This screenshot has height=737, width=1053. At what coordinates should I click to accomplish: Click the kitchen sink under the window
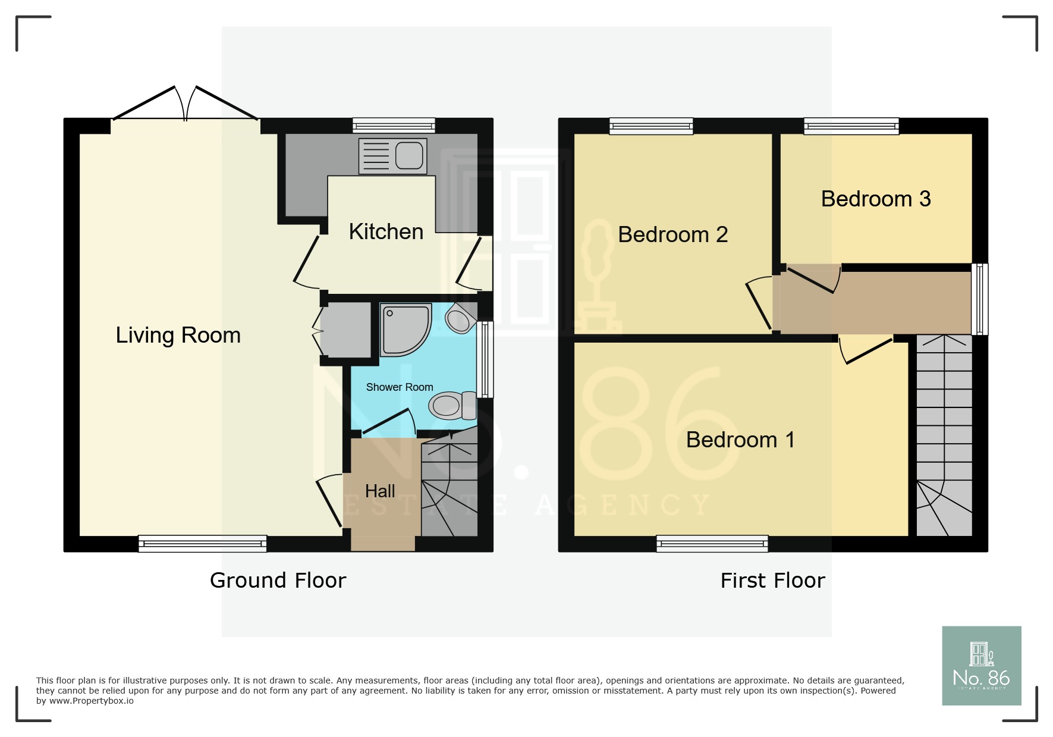393,156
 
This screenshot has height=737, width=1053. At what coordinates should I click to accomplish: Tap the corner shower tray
404,329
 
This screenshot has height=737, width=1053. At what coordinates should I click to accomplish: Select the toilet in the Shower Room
452,406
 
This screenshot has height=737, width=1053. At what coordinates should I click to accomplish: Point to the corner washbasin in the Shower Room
460,319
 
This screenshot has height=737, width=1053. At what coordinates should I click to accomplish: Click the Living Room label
178,335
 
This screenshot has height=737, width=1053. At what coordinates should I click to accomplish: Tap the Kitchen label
386,232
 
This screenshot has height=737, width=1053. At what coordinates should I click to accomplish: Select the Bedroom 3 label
875,199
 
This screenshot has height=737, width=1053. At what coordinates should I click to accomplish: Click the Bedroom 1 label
740,440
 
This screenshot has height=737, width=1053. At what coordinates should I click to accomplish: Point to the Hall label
380,491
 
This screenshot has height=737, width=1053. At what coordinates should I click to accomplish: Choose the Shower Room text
400,387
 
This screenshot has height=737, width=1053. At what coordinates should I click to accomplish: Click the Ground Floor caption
278,581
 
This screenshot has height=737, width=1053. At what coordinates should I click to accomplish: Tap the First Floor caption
772,581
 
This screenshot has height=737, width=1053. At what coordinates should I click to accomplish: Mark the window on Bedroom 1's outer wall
712,543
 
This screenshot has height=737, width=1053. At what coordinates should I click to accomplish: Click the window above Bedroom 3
851,126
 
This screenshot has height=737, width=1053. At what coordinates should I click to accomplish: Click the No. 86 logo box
981,666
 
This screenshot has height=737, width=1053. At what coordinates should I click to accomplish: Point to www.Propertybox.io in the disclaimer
92,701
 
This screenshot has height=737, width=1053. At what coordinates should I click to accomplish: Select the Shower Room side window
486,359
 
